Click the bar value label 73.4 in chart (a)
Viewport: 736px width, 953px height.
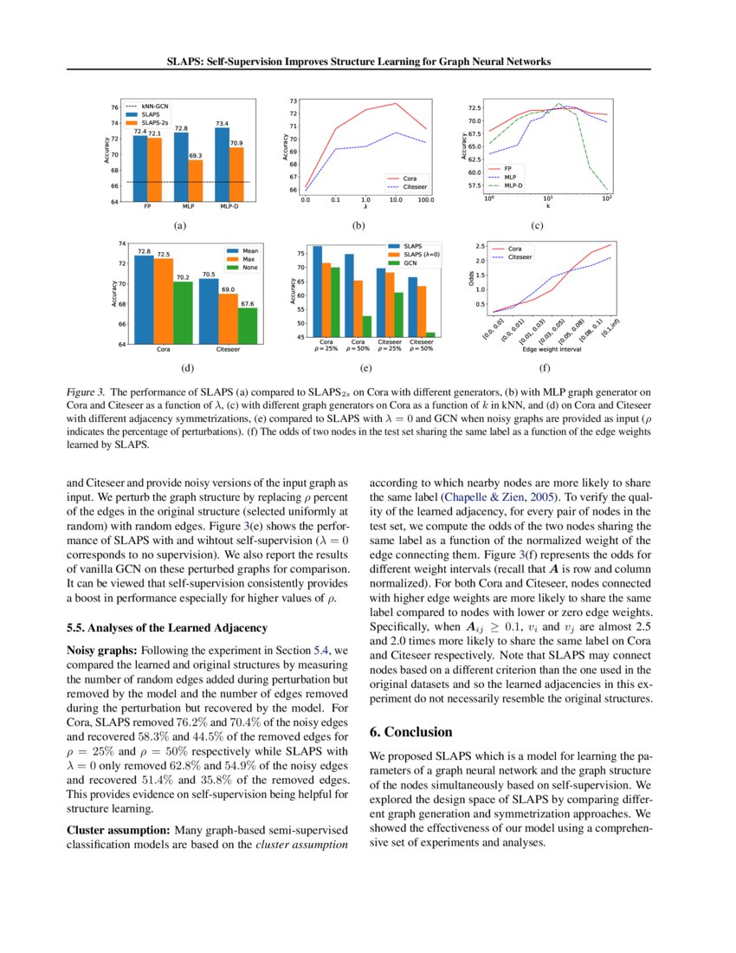click(x=221, y=123)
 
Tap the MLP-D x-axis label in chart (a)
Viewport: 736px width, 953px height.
click(x=229, y=207)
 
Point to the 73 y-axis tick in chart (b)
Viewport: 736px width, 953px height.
click(x=294, y=101)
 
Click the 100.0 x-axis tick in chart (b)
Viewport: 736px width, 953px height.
click(x=425, y=200)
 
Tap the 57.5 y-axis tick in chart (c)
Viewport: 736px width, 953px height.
click(x=475, y=185)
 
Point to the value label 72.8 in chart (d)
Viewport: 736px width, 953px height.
click(x=144, y=251)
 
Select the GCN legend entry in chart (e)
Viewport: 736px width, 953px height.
click(x=410, y=263)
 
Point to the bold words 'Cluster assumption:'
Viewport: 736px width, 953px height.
click(x=108, y=831)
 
